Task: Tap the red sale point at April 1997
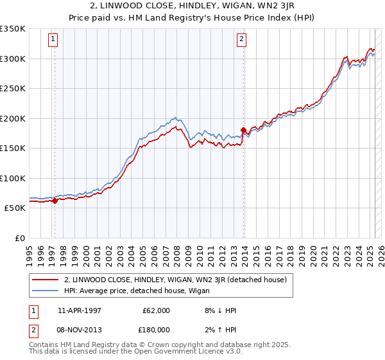point(55,201)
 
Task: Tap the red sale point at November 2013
point(243,130)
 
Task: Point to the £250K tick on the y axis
point(13,89)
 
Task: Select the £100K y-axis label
point(13,178)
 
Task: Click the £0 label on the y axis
point(19,238)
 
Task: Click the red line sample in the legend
point(45,280)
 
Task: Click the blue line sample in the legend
point(45,291)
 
